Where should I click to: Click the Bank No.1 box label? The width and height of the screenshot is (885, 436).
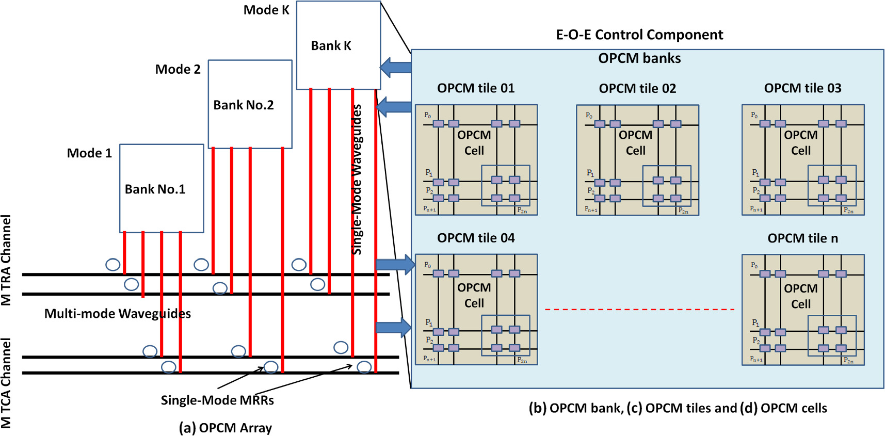[155, 189]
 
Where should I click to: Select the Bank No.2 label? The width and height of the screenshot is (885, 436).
[243, 105]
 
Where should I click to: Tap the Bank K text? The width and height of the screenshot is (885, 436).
[331, 46]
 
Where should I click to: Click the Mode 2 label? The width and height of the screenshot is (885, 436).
[178, 69]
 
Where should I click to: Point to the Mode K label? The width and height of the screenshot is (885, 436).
[266, 10]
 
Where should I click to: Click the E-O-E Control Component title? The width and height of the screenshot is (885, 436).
[639, 35]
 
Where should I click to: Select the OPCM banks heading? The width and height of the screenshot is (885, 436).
[639, 58]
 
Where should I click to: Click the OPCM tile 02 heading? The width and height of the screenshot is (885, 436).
[637, 88]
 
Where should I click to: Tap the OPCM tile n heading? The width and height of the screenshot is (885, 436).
[802, 238]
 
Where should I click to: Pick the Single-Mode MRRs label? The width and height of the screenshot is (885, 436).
[217, 400]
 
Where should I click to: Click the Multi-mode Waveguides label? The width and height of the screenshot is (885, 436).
[117, 314]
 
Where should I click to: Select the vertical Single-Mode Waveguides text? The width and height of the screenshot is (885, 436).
[357, 179]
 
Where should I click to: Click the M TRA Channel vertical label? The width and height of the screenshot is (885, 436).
[6, 260]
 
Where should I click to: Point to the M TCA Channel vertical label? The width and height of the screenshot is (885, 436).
[6, 383]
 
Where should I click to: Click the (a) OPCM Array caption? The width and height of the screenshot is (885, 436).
[225, 428]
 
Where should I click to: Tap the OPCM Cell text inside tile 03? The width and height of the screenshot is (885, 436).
[800, 143]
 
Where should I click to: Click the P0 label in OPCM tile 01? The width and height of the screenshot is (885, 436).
[427, 115]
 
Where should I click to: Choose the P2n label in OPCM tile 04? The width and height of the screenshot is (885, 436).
[522, 360]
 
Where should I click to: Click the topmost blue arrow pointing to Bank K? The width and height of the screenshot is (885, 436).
[396, 67]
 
